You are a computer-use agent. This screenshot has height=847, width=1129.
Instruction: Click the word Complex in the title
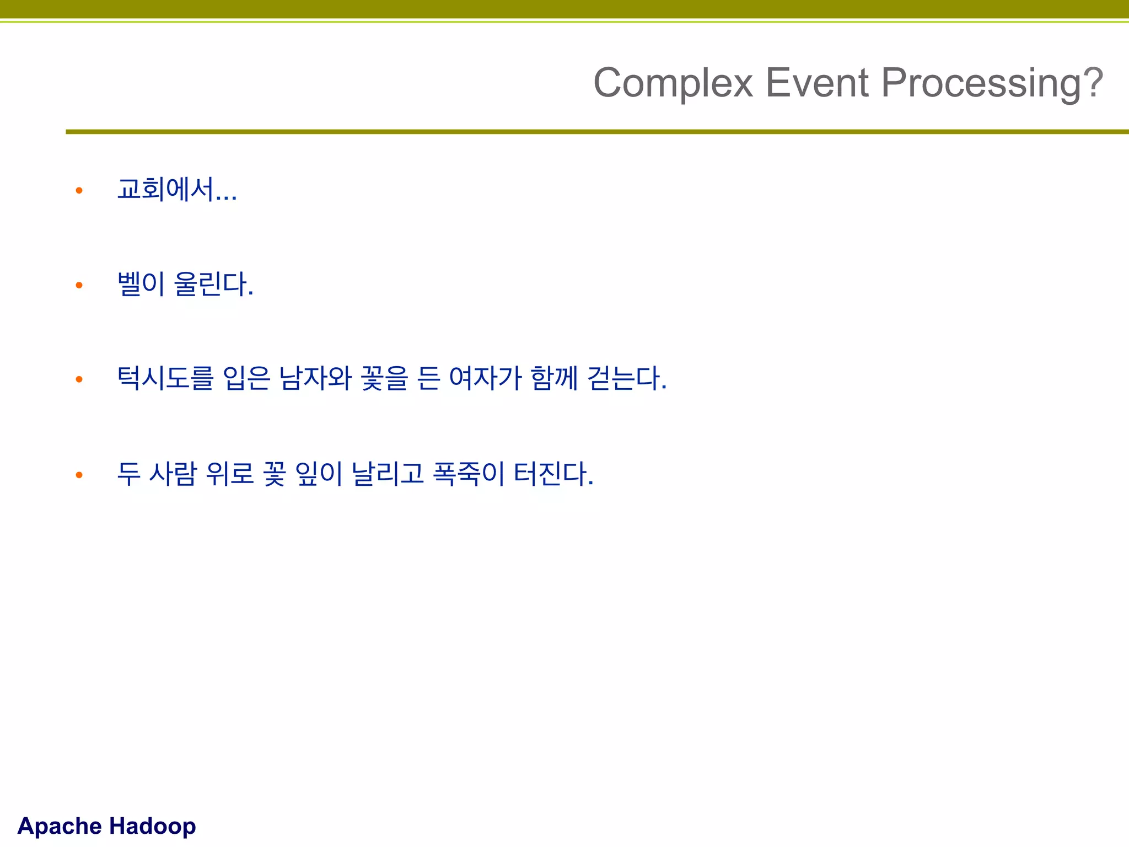(x=673, y=83)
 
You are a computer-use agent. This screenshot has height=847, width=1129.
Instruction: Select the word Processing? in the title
(x=992, y=83)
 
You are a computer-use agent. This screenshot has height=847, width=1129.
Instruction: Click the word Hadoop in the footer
(x=153, y=826)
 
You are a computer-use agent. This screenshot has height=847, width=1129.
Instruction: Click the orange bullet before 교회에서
(x=79, y=191)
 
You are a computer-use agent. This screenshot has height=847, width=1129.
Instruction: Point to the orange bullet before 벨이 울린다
(x=79, y=285)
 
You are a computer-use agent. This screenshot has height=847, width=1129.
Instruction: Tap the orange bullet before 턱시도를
(x=79, y=379)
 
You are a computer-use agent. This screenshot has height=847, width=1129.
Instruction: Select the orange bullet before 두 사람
(x=79, y=474)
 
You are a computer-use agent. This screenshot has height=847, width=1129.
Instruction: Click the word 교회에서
(x=165, y=190)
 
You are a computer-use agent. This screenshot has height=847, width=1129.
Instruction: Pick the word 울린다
(x=213, y=285)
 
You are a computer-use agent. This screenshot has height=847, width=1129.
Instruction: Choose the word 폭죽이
(x=469, y=474)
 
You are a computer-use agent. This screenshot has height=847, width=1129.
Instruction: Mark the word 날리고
(x=388, y=474)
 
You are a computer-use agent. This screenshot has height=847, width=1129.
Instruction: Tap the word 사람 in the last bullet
(x=173, y=474)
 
